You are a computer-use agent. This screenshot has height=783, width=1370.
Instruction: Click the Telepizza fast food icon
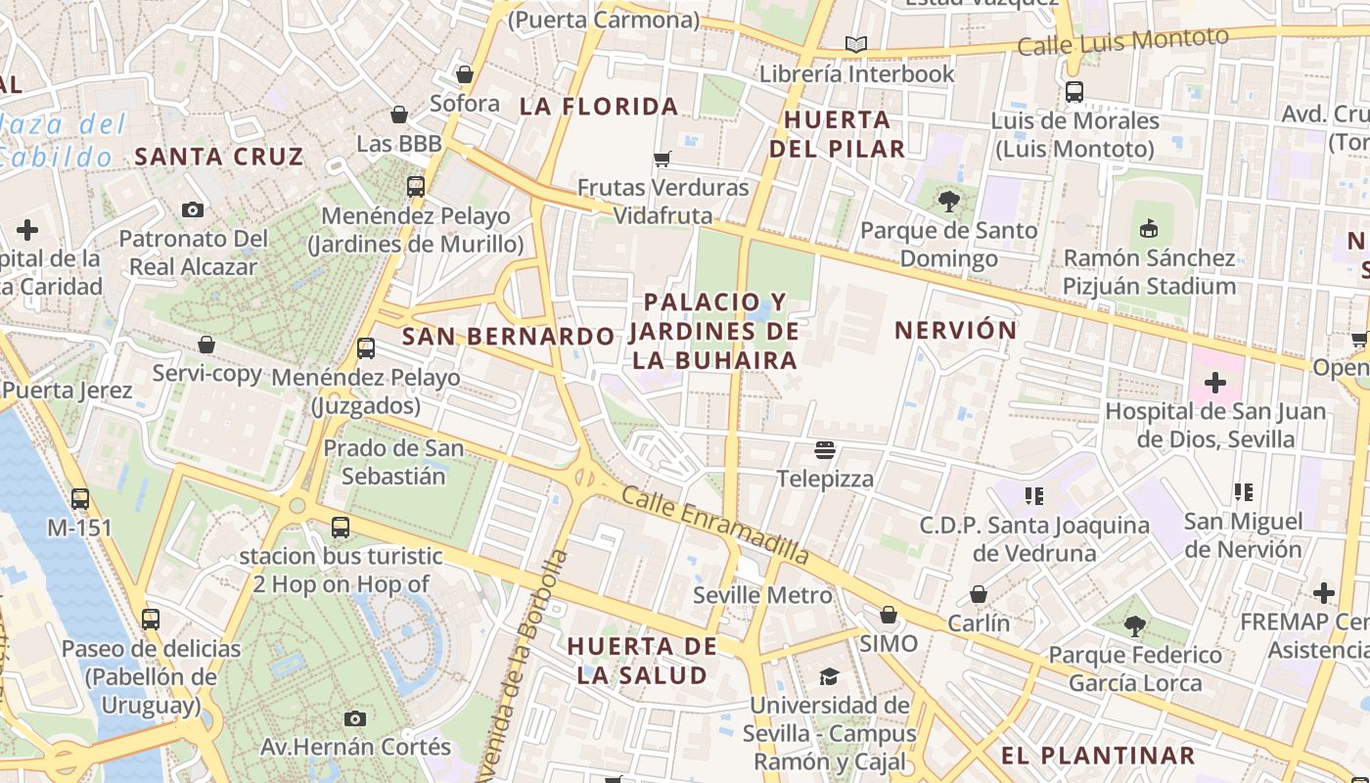(x=825, y=450)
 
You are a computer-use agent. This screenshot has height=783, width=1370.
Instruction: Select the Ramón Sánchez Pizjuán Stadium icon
(x=1150, y=230)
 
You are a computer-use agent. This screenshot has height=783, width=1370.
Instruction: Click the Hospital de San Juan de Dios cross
(x=1215, y=383)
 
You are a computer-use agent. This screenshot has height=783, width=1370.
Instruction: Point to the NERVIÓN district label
(x=956, y=330)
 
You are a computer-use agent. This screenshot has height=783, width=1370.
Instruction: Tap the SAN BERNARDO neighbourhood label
(x=508, y=337)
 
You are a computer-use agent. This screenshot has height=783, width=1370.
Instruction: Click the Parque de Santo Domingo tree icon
(x=947, y=203)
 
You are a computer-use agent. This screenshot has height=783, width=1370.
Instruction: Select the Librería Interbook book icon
(x=856, y=45)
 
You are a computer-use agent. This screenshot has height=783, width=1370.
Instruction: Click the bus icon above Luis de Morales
(x=1074, y=93)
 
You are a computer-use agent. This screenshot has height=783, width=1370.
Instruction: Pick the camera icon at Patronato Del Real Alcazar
(x=193, y=209)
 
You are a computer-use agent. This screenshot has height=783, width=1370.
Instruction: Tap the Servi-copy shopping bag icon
(x=206, y=345)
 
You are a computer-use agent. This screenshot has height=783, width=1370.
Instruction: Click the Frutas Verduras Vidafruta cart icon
(x=662, y=159)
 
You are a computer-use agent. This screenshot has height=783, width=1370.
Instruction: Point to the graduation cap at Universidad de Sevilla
(x=829, y=677)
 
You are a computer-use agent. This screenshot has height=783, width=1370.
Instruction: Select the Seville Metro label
(x=762, y=595)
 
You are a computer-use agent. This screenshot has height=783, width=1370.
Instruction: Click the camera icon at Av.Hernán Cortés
(x=355, y=718)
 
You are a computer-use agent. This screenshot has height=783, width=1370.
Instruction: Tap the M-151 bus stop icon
(x=80, y=499)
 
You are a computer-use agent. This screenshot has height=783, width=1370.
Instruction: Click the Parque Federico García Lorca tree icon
(x=1135, y=625)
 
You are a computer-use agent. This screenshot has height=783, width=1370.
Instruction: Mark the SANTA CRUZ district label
(x=219, y=157)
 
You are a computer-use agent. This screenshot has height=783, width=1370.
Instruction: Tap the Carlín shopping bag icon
(x=978, y=595)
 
